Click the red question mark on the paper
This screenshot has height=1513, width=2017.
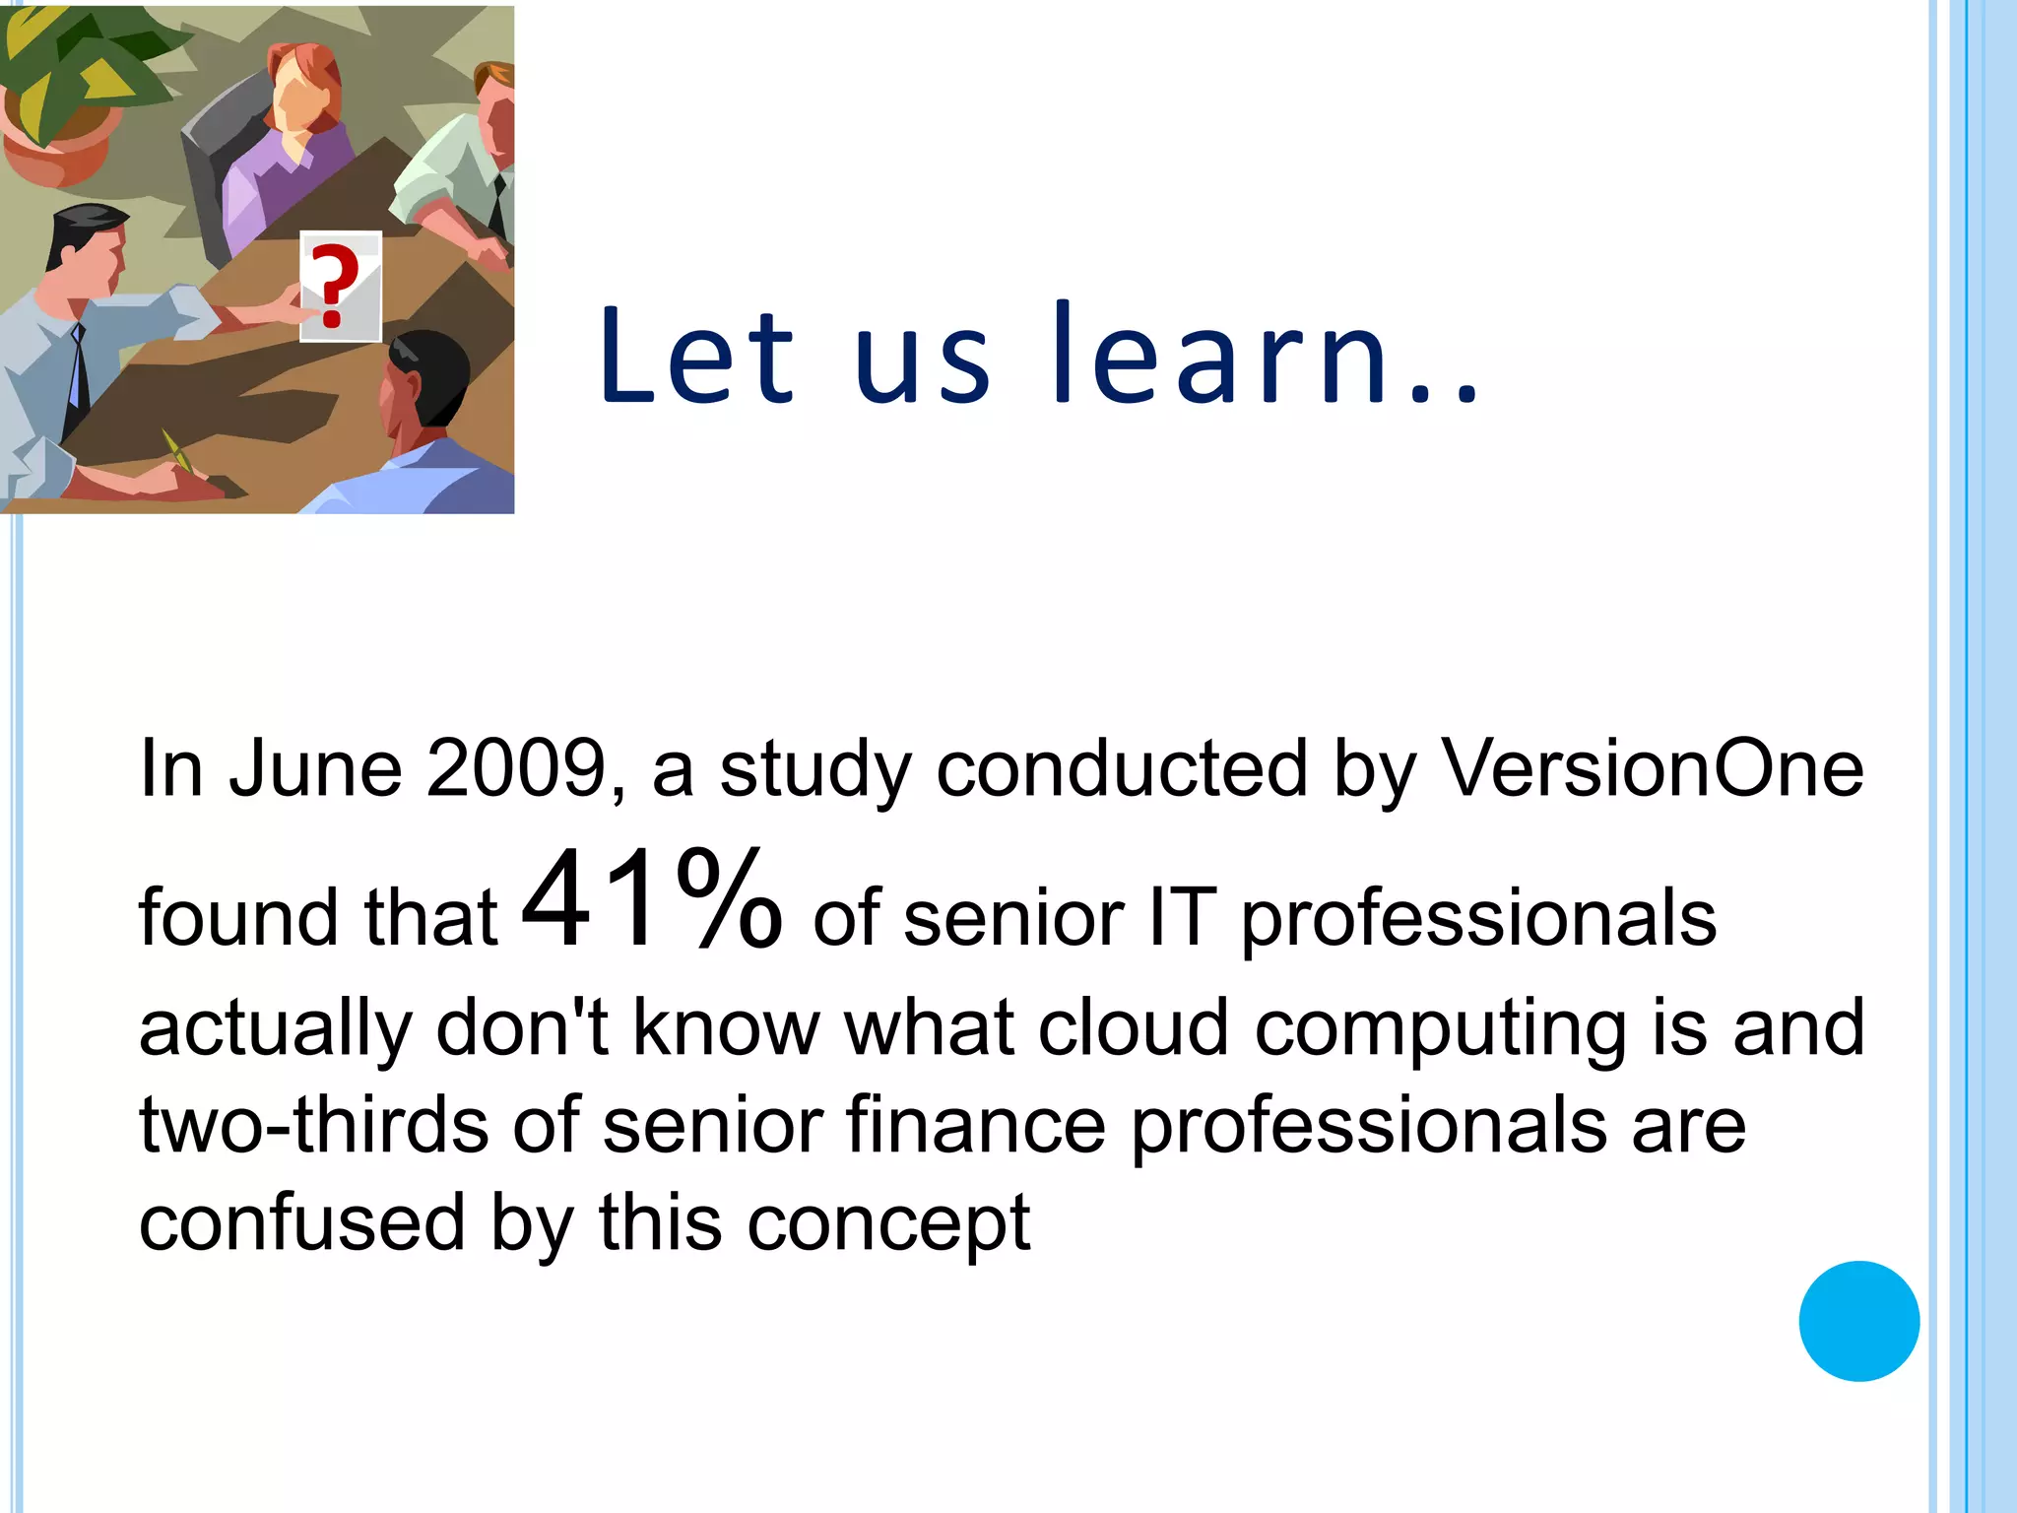click(333, 285)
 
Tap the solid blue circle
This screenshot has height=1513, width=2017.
click(1858, 1321)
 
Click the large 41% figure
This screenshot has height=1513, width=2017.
click(651, 900)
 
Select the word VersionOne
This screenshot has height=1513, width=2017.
click(1652, 768)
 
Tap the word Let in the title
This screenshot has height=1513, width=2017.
click(695, 355)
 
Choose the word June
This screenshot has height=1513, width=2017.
click(315, 768)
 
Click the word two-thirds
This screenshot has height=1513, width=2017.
click(313, 1125)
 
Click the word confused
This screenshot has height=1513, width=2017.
click(301, 1222)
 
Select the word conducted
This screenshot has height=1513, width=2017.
click(1121, 768)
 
